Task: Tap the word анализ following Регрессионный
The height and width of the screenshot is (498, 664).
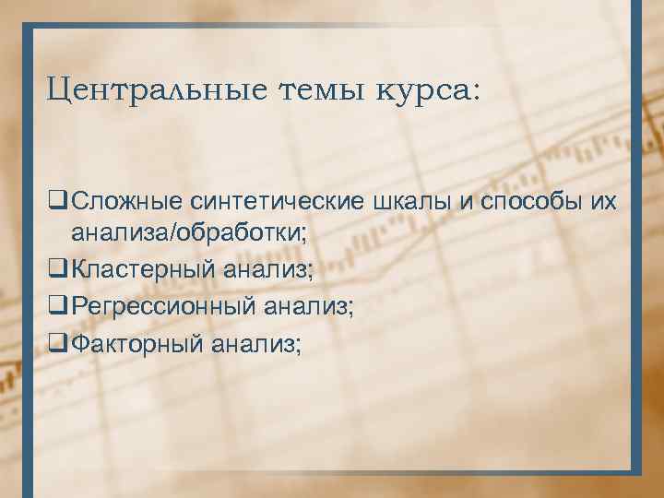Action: pos(308,306)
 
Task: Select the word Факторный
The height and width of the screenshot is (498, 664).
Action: pos(138,343)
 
